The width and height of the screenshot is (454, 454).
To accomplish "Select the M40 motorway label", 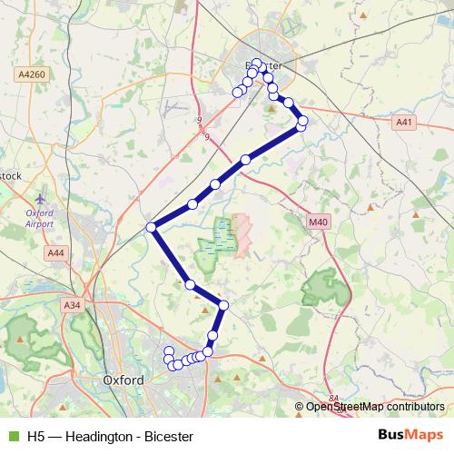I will [317, 221].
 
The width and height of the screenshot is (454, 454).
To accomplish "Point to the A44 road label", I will [56, 252].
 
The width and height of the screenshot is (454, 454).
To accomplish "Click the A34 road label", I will [74, 306].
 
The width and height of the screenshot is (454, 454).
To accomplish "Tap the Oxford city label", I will [124, 380].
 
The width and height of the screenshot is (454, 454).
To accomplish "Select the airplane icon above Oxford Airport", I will [39, 197].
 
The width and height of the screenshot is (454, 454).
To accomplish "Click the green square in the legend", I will [13, 436].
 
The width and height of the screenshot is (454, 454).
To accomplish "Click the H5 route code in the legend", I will [35, 436].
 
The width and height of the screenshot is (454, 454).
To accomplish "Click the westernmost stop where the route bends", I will [152, 227].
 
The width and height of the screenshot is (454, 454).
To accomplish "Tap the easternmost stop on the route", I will [302, 121].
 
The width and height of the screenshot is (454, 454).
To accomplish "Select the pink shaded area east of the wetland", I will [242, 235].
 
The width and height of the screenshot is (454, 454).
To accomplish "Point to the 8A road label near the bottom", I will [334, 398].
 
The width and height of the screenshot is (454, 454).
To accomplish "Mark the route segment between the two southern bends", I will [207, 295].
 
